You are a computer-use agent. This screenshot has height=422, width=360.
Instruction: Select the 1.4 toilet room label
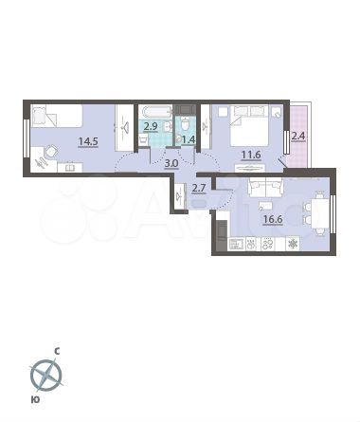pyautogui.click(x=188, y=140)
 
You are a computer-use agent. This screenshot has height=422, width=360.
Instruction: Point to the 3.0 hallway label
pyautogui.click(x=171, y=163)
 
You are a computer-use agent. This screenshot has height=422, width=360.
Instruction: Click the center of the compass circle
pyautogui.click(x=45, y=377)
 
